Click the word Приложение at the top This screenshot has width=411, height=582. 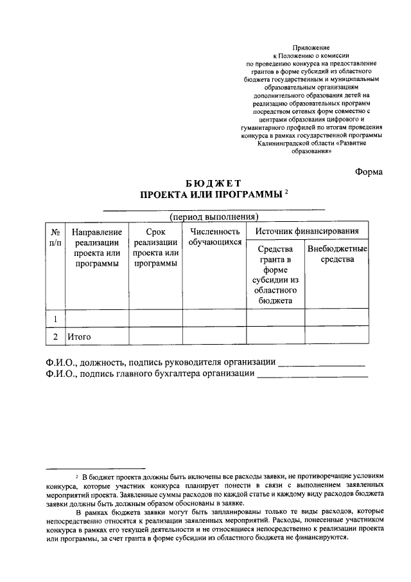click(x=311, y=48)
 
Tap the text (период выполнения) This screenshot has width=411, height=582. click(x=214, y=216)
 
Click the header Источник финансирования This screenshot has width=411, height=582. click(x=307, y=231)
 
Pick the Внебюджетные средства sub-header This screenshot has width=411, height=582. click(x=337, y=254)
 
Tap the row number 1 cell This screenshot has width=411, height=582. click(x=56, y=319)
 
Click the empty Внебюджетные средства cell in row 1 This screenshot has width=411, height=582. click(x=337, y=319)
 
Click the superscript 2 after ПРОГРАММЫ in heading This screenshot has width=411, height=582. click(x=287, y=191)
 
